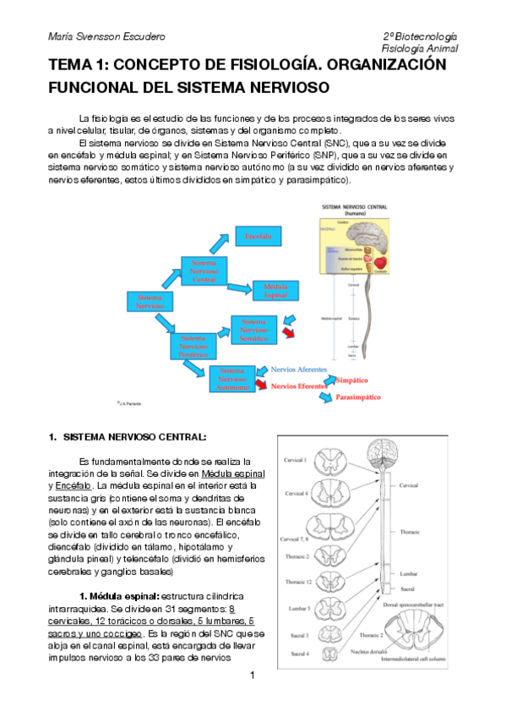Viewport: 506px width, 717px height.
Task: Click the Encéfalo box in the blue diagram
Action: coord(258,238)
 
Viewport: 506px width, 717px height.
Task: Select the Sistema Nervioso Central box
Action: coord(204,271)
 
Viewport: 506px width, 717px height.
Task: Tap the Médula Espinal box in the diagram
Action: coord(276,291)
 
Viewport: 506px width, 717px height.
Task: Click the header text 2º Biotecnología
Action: coord(419,37)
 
